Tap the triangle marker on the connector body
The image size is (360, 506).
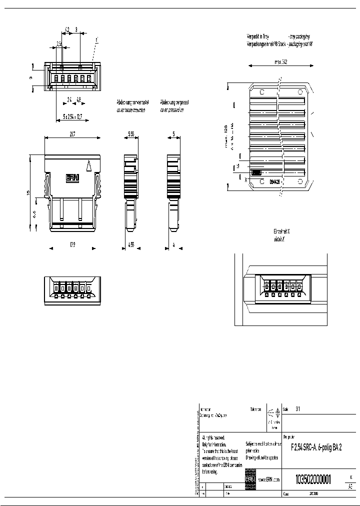click(89, 166)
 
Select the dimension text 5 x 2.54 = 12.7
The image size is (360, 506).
click(73, 115)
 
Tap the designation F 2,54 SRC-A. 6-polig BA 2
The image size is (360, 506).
click(316, 448)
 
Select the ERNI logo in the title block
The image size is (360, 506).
click(250, 479)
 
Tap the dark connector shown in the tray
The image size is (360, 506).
click(256, 172)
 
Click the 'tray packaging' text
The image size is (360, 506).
click(298, 37)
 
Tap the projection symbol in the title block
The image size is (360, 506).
click(273, 413)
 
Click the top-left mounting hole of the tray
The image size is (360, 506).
click(262, 91)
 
